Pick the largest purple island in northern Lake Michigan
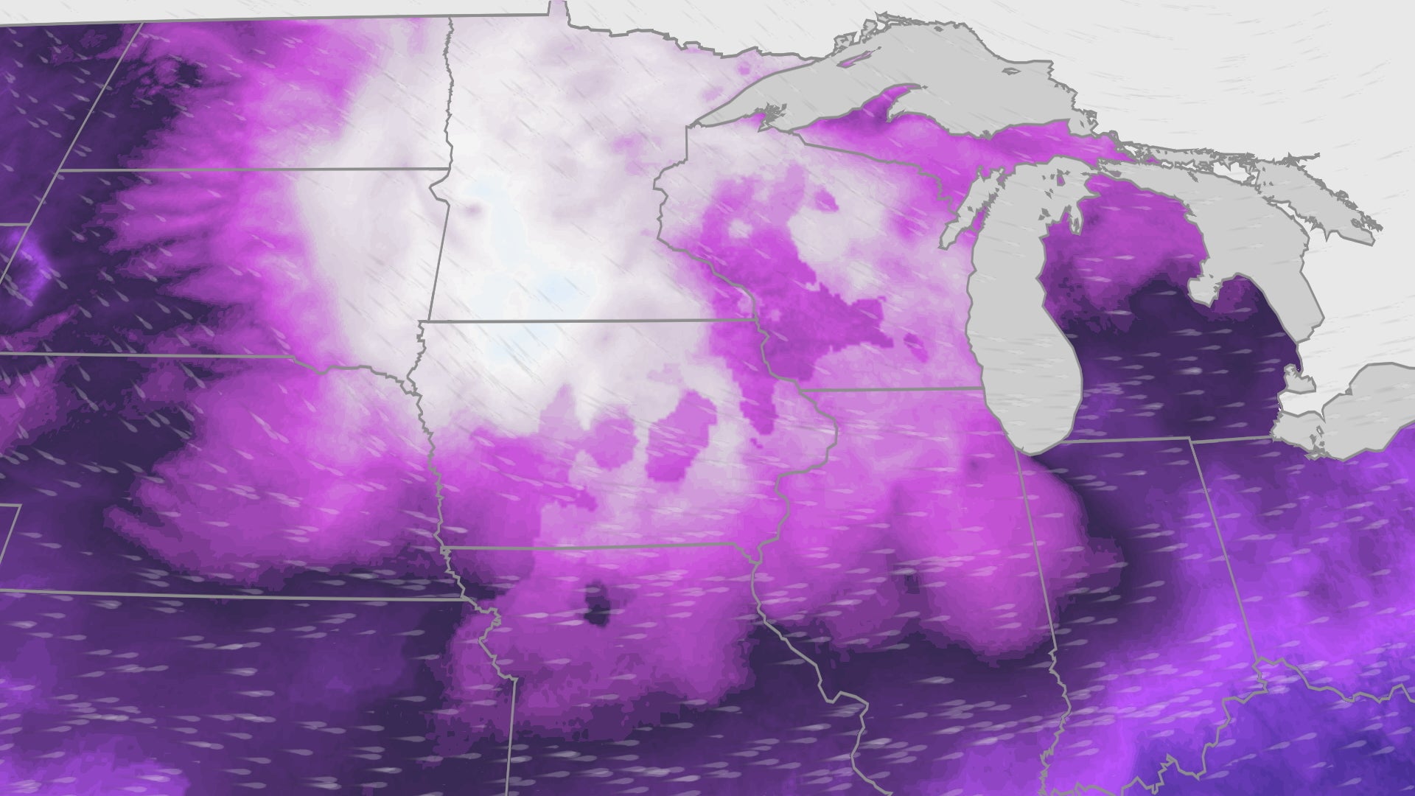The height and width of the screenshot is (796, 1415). click(x=1062, y=177)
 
